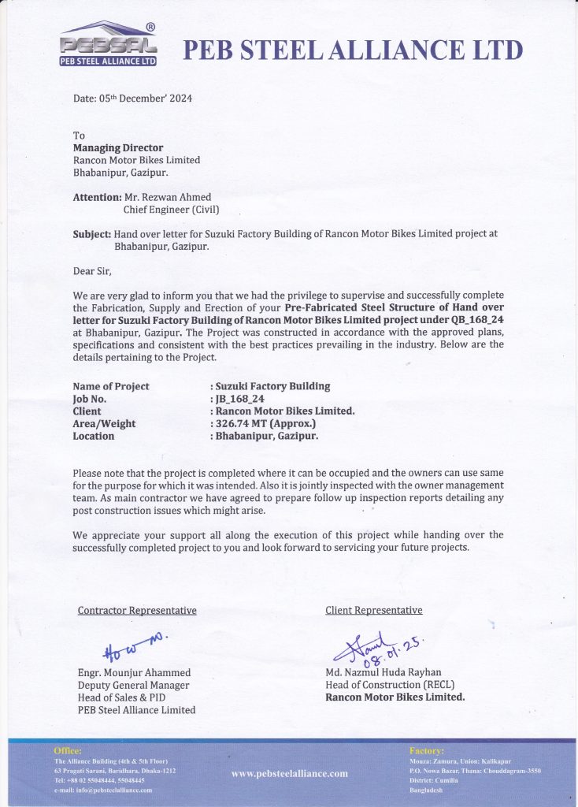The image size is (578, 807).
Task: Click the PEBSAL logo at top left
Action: [x=109, y=44]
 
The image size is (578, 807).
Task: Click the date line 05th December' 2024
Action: [x=132, y=99]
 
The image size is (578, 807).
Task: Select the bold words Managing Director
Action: [x=118, y=147]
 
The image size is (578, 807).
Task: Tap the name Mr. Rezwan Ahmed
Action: [x=167, y=197]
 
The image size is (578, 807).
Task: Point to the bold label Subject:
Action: [x=91, y=234]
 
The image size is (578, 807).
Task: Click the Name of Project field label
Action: [x=110, y=386]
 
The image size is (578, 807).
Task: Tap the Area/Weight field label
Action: [x=104, y=423]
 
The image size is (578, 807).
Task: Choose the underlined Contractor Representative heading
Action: [x=137, y=610]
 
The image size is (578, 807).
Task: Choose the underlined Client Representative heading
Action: [x=374, y=610]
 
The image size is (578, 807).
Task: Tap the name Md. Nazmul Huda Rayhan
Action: [x=384, y=672]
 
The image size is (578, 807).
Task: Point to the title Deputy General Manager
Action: [x=134, y=685]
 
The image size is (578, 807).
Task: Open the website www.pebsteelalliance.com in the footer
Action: [x=289, y=773]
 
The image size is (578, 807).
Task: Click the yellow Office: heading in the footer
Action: [x=67, y=751]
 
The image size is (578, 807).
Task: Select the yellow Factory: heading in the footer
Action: [x=426, y=751]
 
